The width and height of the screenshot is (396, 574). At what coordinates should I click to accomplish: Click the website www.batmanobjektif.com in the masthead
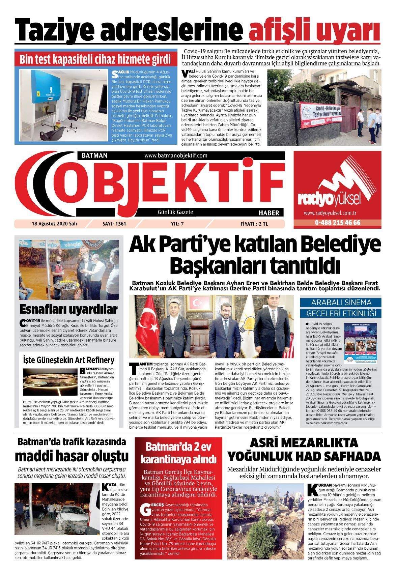tap(175, 155)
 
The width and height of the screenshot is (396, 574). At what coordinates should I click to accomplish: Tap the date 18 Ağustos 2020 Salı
tap(50, 223)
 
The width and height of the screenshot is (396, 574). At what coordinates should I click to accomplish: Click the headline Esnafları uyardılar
tap(68, 309)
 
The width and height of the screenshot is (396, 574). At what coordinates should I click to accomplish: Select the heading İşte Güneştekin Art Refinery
tap(68, 360)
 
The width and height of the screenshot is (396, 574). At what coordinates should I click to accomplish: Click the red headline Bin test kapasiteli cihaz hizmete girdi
tap(95, 60)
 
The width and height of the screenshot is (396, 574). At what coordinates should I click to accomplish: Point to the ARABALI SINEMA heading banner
tap(341, 302)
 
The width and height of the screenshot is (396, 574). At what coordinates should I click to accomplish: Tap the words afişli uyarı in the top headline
tap(314, 30)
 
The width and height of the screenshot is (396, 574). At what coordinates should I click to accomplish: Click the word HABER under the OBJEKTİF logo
tap(268, 213)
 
